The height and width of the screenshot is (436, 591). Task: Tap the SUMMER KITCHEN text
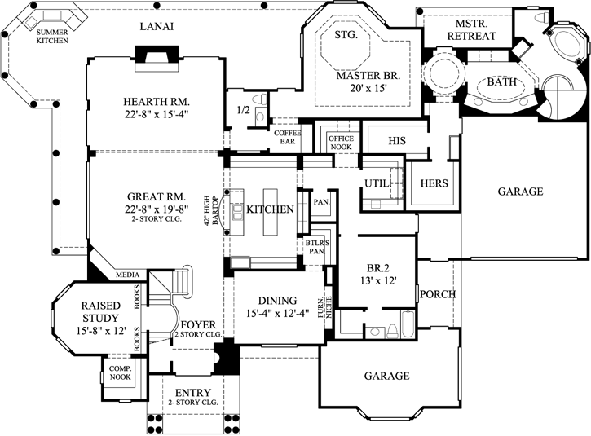tap(52, 36)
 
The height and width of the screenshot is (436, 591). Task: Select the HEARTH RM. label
tap(157, 101)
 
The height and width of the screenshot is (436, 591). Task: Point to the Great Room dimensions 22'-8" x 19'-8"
tap(157, 209)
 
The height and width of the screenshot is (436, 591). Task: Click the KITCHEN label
tap(270, 209)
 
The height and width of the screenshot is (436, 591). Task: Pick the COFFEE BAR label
tap(288, 136)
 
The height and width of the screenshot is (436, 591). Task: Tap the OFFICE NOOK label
tap(341, 143)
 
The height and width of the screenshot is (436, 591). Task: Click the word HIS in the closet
tap(397, 141)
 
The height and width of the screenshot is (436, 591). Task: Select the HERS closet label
tap(434, 183)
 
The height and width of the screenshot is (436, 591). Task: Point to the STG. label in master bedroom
tap(346, 36)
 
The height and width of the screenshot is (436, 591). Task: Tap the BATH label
tap(501, 82)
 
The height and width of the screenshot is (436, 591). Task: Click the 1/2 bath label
tap(242, 109)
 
